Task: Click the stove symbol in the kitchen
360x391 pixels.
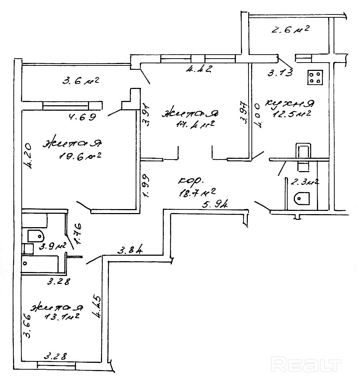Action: [x=315, y=77]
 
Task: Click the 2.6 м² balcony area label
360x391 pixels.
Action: [x=289, y=30]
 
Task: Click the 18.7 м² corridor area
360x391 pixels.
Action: [x=197, y=191]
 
